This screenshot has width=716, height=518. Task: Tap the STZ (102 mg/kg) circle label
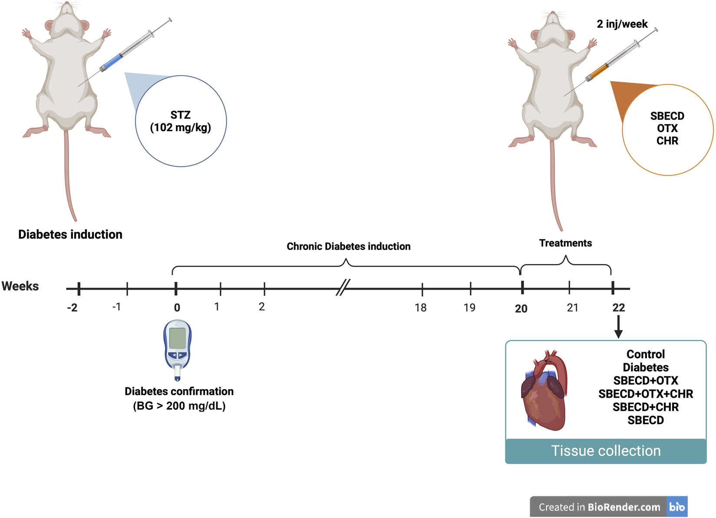tap(181, 121)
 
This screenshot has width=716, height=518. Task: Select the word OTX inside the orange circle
tap(667, 129)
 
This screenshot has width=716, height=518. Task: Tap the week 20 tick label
tap(521, 309)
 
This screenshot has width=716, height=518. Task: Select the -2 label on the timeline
tap(72, 308)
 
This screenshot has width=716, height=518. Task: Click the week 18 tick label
tap(420, 308)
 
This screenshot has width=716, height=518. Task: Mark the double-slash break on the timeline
tap(343, 287)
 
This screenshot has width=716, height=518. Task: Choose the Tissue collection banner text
tap(606, 451)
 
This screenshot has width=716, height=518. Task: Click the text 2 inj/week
tap(622, 24)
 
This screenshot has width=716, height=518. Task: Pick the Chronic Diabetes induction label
tap(348, 247)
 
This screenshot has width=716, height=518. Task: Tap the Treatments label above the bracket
tap(565, 243)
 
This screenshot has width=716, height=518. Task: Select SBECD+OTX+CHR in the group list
tap(645, 394)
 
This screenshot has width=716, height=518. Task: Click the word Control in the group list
tap(645, 354)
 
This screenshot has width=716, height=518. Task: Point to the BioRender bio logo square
tap(677, 507)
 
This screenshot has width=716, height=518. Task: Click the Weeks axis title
tap(20, 286)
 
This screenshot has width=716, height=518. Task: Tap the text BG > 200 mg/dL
tap(179, 406)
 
